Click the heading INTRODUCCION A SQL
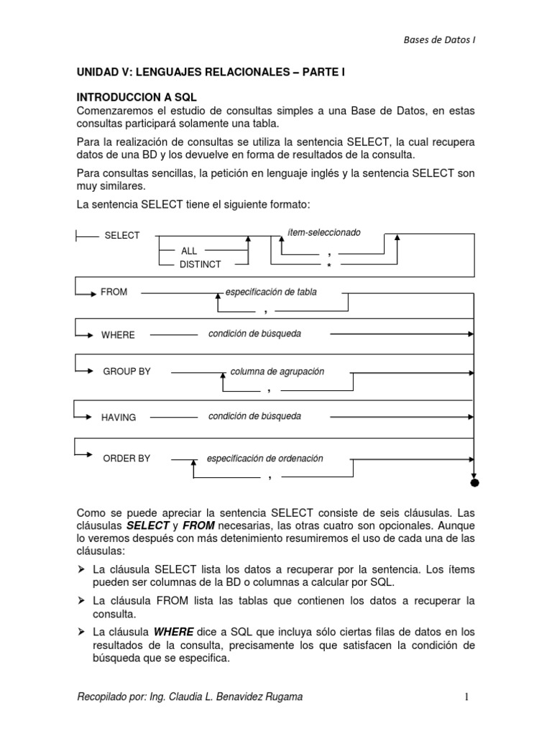click(x=137, y=96)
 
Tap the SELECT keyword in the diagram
click(x=122, y=236)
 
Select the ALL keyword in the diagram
click(x=189, y=252)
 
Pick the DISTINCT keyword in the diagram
click(x=201, y=264)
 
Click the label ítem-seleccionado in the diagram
click(x=323, y=233)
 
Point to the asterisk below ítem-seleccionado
click(x=328, y=266)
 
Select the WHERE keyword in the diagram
click(x=118, y=335)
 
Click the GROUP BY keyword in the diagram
click(x=126, y=372)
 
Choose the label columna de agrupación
click(x=277, y=372)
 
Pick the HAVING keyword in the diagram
click(x=119, y=418)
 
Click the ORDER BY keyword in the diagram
click(x=126, y=459)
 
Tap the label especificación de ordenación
click(x=265, y=459)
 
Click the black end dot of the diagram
click(x=474, y=483)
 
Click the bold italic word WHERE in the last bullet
click(x=174, y=632)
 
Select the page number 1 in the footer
click(x=466, y=696)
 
